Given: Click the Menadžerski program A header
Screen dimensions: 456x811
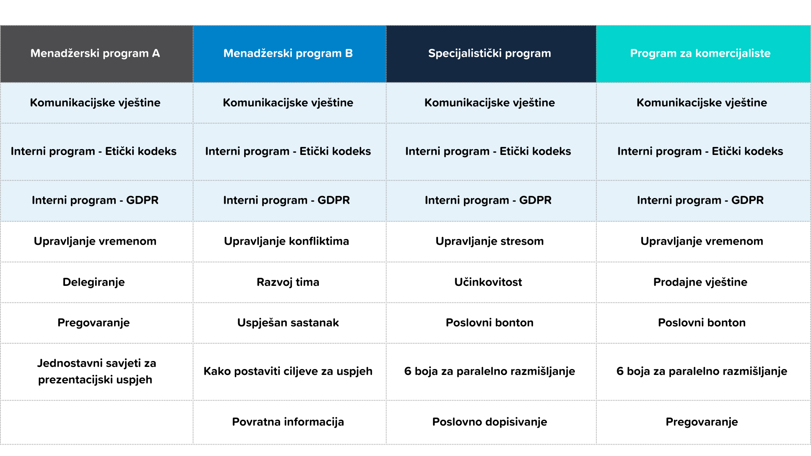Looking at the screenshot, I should [x=95, y=53].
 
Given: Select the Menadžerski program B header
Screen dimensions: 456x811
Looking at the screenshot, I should [x=288, y=53].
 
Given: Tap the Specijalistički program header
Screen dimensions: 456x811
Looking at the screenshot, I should [x=490, y=53].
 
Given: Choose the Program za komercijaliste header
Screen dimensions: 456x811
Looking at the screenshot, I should [x=700, y=53].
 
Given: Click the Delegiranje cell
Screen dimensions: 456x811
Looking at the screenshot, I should [x=94, y=282].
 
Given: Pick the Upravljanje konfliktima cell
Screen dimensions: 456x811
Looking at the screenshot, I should [x=286, y=241].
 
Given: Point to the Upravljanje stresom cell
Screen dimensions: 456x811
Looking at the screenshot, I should [x=490, y=241].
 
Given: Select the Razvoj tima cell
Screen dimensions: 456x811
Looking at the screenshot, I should [x=288, y=282].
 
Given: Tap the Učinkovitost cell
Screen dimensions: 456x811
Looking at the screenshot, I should [x=488, y=282].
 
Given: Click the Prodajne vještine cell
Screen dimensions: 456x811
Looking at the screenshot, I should [x=700, y=282].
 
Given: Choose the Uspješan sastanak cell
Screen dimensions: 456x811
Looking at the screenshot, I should [x=288, y=323].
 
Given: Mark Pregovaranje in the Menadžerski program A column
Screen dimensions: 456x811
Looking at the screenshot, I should [x=94, y=323].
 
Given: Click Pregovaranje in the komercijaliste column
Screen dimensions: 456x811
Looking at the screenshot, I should [x=702, y=422].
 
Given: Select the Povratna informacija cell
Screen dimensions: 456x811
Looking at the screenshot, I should [x=288, y=422].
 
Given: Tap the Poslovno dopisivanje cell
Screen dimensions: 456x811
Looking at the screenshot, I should [x=490, y=422].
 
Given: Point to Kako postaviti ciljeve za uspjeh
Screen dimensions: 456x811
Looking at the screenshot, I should [x=288, y=371].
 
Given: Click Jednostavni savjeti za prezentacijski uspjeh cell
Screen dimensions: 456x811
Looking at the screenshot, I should [x=96, y=371].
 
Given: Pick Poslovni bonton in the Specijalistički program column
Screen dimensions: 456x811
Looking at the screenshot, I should [x=490, y=323].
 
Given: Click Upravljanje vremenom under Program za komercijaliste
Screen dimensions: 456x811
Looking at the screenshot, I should [x=702, y=241].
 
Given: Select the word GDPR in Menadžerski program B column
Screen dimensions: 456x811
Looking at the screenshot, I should [x=334, y=200].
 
